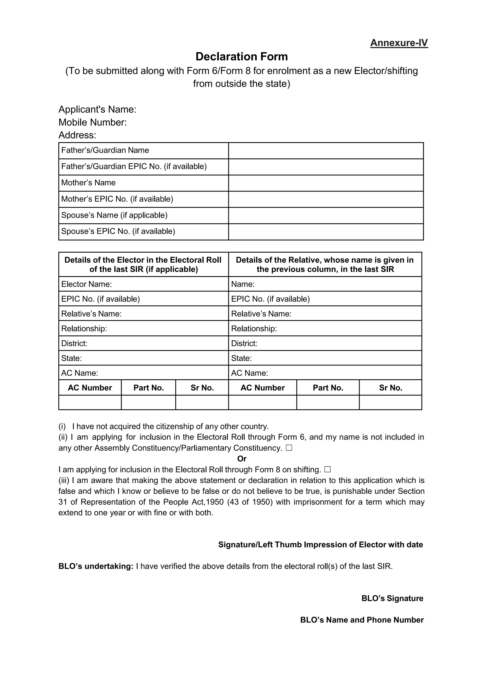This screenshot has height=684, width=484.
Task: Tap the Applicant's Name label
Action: click(97, 109)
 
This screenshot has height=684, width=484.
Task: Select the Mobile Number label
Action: click(92, 122)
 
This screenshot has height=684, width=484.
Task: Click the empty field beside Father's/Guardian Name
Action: click(325, 151)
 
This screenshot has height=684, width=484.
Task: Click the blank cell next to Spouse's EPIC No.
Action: click(325, 232)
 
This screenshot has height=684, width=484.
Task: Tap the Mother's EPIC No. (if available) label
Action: click(117, 199)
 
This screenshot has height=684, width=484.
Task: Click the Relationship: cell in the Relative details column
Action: click(325, 329)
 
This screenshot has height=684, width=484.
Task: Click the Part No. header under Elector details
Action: click(148, 388)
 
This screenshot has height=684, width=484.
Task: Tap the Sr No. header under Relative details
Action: click(390, 388)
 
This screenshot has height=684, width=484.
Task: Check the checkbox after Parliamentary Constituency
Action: click(289, 448)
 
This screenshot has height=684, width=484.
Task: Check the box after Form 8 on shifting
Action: click(328, 470)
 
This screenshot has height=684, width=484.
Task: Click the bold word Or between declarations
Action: click(242, 459)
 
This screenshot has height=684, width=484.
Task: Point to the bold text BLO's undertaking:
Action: click(96, 566)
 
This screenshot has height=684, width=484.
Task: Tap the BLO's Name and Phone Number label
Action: click(362, 620)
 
